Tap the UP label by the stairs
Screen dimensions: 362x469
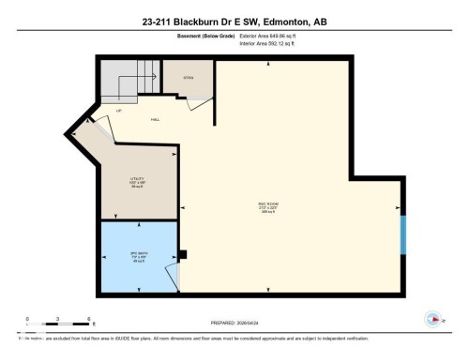pos(119,111)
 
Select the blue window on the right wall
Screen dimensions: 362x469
pos(402,235)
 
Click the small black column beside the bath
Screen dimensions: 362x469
pos(184,253)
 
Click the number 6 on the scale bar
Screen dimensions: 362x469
pos(87,319)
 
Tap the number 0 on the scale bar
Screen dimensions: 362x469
pos(28,319)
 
